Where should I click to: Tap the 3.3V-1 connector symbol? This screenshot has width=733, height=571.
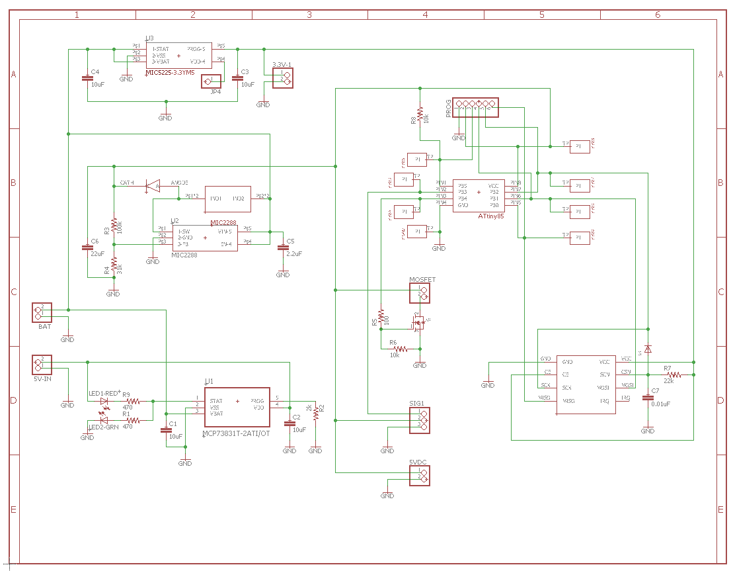[x=283, y=79]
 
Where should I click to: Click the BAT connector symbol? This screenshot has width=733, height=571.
[x=42, y=312]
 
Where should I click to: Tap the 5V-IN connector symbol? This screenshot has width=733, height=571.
[x=42, y=365]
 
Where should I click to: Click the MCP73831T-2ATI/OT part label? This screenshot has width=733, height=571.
[x=236, y=434]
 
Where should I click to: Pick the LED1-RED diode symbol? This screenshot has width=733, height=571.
[x=104, y=401]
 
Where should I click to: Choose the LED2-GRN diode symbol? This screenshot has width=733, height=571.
[x=104, y=420]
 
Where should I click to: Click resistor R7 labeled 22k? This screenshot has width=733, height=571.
[x=674, y=374]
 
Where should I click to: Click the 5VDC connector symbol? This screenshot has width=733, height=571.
[x=419, y=475]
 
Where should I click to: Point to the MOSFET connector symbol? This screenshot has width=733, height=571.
[x=419, y=294]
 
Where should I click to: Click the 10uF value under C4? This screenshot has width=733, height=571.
[x=97, y=85]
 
